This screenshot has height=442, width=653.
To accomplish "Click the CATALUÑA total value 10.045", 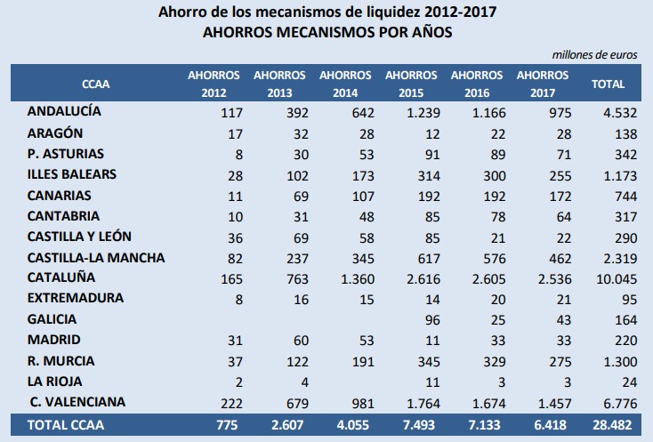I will [615, 278].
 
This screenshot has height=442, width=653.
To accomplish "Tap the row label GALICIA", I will [52, 318].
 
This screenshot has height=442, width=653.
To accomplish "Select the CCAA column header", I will [95, 84].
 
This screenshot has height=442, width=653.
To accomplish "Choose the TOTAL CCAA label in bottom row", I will [68, 425].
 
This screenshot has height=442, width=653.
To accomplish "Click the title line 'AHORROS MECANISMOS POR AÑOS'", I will [326, 32].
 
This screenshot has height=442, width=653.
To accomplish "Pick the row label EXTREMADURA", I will [76, 298].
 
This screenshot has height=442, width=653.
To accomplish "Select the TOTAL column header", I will [609, 84].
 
